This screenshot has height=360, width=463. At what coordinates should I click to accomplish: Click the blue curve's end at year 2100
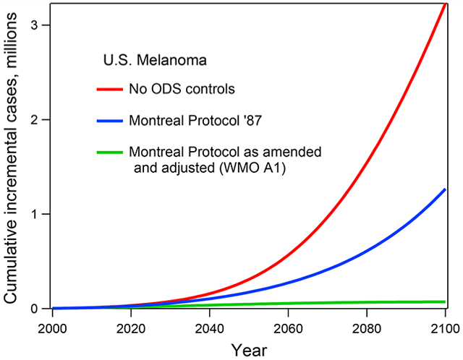point(444,189)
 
